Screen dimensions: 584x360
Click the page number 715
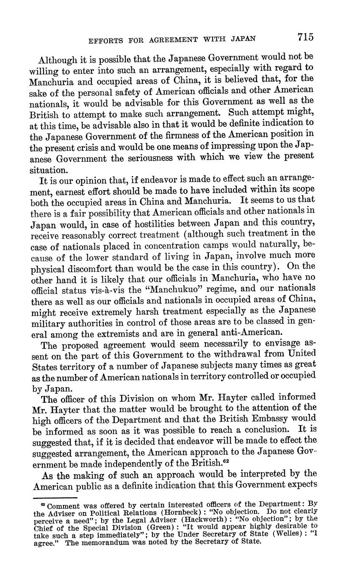305,37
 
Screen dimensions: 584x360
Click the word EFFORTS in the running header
104,40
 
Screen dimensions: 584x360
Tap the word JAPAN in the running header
243,39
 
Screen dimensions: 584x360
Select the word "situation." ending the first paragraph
48,170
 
